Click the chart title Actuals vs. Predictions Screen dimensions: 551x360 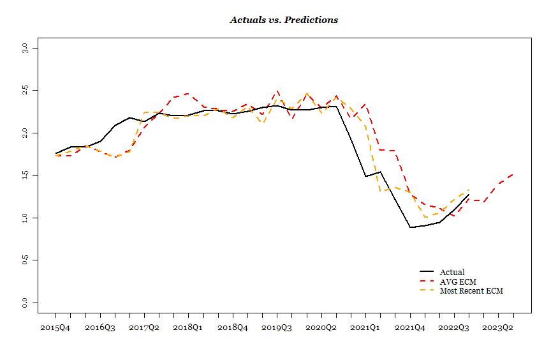[284, 20]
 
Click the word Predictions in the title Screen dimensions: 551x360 [311, 20]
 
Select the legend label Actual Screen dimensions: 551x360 [452, 272]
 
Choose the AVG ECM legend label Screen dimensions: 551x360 [458, 281]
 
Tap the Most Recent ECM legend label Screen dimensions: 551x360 [471, 290]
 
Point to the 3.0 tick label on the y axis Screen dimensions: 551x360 [25, 48]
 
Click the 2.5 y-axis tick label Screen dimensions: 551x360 [25, 91]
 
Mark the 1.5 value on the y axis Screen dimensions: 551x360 [25, 175]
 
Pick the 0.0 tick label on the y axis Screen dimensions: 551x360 [25, 303]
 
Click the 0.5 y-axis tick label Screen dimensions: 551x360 [25, 260]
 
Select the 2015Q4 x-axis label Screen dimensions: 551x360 [55, 328]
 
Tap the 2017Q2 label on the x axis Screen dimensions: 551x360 [144, 328]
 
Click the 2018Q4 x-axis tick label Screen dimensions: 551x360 [233, 328]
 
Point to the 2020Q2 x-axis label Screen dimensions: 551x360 [321, 328]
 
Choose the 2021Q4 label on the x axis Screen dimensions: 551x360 [409, 328]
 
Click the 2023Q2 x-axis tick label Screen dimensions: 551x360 [498, 328]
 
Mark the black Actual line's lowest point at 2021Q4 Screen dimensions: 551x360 [410, 227]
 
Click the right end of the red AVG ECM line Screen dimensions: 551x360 [513, 174]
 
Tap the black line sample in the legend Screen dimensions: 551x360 [427, 271]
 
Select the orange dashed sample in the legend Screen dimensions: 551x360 [427, 290]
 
